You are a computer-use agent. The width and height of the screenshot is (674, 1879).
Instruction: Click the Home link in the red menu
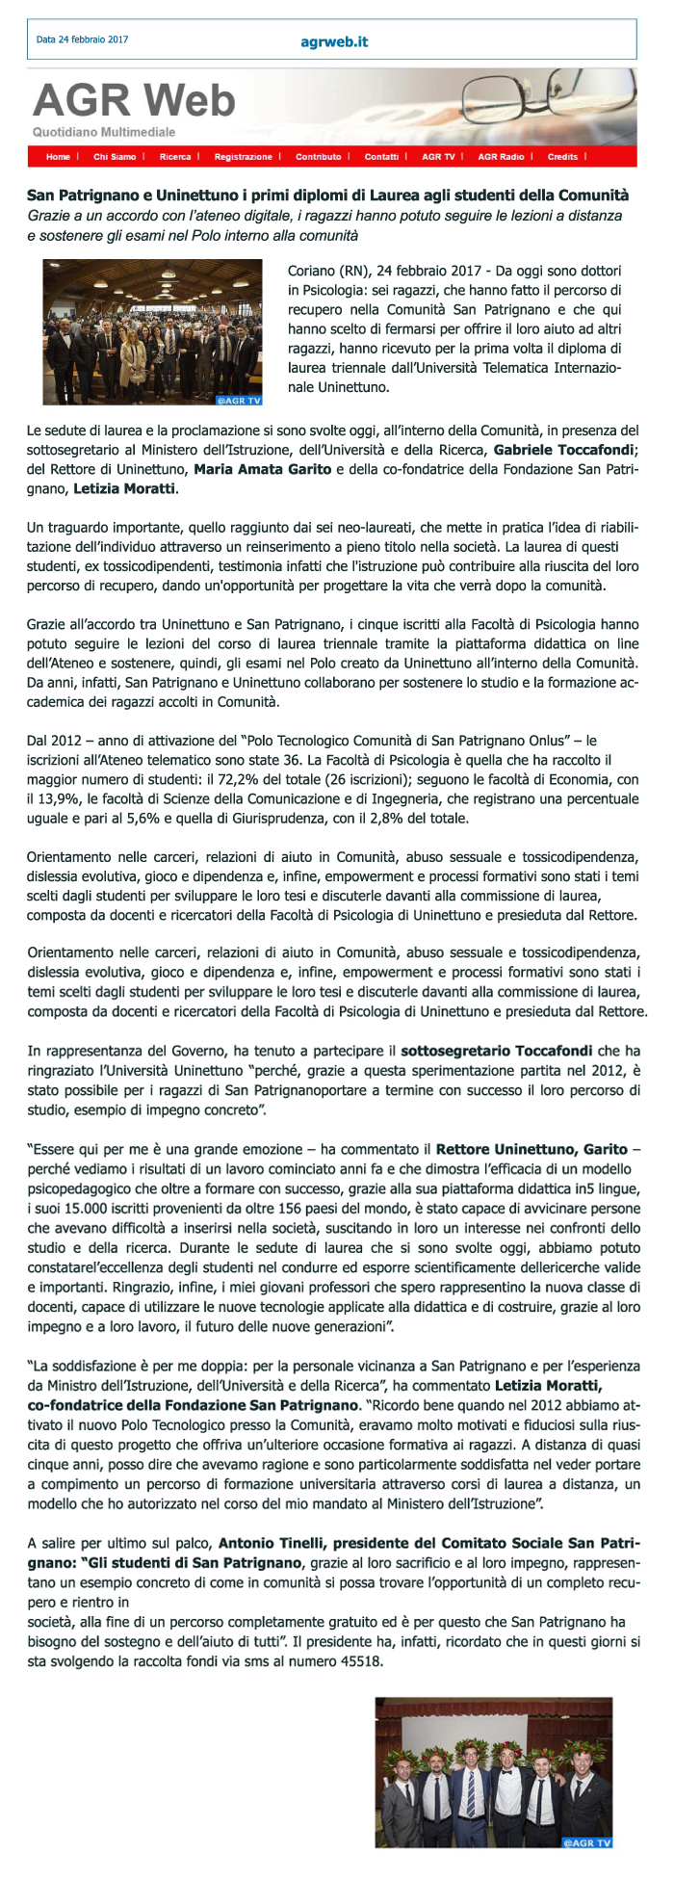tap(58, 157)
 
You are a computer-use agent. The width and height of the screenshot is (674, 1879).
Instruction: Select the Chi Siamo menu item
tap(115, 157)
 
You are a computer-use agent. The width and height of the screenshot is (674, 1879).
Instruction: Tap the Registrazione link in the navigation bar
tap(243, 157)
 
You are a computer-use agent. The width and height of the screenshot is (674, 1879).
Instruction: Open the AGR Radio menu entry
tap(501, 157)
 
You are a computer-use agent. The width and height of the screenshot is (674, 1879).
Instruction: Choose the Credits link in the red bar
tap(562, 157)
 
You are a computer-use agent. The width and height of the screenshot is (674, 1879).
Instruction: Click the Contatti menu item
tap(381, 157)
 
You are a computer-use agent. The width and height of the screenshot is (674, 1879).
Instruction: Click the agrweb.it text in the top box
tap(334, 41)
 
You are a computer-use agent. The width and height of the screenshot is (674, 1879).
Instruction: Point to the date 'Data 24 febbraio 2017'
tap(82, 40)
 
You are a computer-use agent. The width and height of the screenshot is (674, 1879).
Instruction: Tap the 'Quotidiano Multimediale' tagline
tap(104, 132)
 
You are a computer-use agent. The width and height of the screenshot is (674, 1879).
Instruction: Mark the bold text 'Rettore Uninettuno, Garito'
tap(531, 1149)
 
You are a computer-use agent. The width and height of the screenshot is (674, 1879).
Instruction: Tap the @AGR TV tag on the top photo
tap(239, 399)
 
